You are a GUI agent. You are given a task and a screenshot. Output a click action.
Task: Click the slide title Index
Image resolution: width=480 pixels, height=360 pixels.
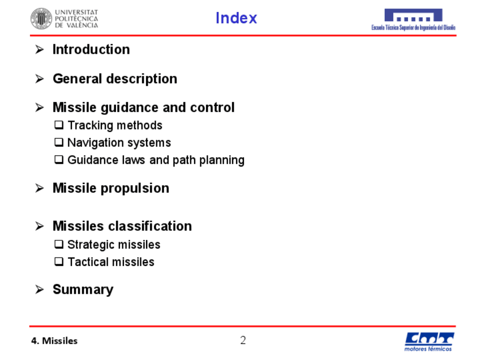pos(236,18)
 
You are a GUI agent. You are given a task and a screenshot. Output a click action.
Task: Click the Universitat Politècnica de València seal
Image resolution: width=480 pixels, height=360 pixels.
pos(41,19)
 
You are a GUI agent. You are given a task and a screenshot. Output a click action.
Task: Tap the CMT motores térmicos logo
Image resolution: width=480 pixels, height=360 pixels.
pos(429,342)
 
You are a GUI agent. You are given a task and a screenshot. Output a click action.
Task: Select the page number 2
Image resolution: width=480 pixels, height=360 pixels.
pos(243,340)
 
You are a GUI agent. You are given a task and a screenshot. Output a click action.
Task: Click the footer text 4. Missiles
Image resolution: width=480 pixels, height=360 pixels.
pos(54,341)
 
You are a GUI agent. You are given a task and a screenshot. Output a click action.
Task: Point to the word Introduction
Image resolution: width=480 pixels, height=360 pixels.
pos(91,49)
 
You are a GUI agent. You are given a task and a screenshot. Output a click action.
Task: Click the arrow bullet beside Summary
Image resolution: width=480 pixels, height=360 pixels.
pos(40,289)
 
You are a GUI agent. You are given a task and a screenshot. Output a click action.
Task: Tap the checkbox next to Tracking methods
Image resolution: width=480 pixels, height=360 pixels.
pos(59,125)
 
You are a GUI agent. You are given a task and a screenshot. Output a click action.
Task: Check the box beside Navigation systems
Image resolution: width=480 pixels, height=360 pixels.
pos(59,142)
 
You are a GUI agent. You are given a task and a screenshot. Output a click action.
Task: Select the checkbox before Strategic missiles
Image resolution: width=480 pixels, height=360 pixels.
pos(59,245)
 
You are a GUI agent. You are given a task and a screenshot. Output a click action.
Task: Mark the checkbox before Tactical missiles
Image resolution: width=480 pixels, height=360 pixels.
pos(59,262)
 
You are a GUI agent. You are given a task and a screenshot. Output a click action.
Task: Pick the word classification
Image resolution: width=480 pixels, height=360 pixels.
pos(149,226)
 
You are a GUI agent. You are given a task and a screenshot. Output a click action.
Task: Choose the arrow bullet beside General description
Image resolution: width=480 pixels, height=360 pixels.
pos(40,79)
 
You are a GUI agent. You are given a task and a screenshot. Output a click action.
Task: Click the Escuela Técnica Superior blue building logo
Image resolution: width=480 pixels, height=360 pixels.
pos(413,20)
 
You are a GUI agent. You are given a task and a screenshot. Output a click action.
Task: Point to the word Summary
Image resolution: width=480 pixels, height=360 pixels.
pos(83,290)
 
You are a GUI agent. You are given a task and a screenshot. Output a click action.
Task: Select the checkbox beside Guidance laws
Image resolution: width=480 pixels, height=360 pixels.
pos(59,160)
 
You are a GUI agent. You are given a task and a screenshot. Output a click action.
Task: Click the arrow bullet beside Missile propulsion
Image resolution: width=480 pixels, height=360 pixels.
pos(40,188)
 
